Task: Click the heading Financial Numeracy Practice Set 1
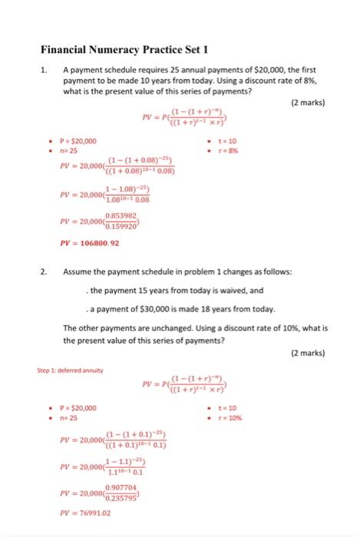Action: coord(124,51)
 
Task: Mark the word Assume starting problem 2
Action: coord(79,272)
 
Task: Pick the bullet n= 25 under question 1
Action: coord(60,151)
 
